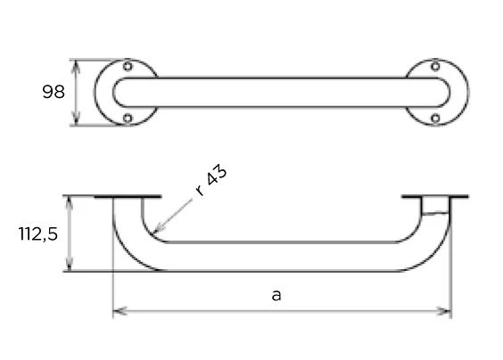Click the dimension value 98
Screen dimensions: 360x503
(54, 92)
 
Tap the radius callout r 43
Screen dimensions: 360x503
(210, 181)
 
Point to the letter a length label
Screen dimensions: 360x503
(276, 295)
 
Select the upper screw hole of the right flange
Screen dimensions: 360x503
(434, 67)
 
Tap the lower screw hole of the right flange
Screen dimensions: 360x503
(434, 118)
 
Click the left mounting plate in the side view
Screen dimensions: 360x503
(127, 197)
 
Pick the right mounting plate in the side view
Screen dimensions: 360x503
(434, 197)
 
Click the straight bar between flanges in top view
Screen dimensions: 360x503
(281, 92)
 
